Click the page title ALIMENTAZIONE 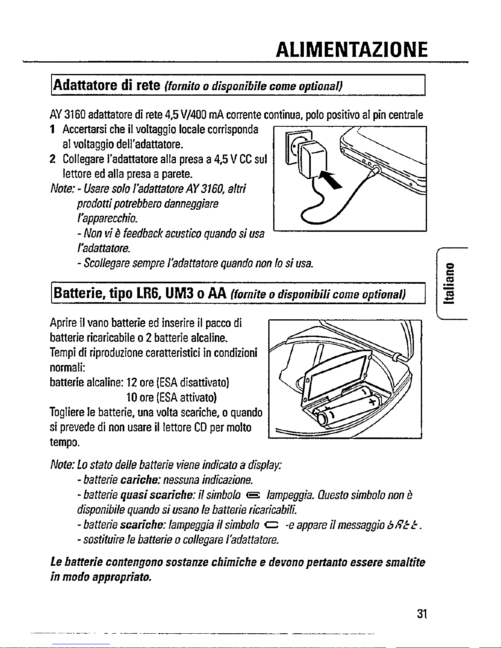tap(351, 51)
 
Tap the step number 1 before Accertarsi tap(52, 130)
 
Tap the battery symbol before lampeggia tap(253, 495)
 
